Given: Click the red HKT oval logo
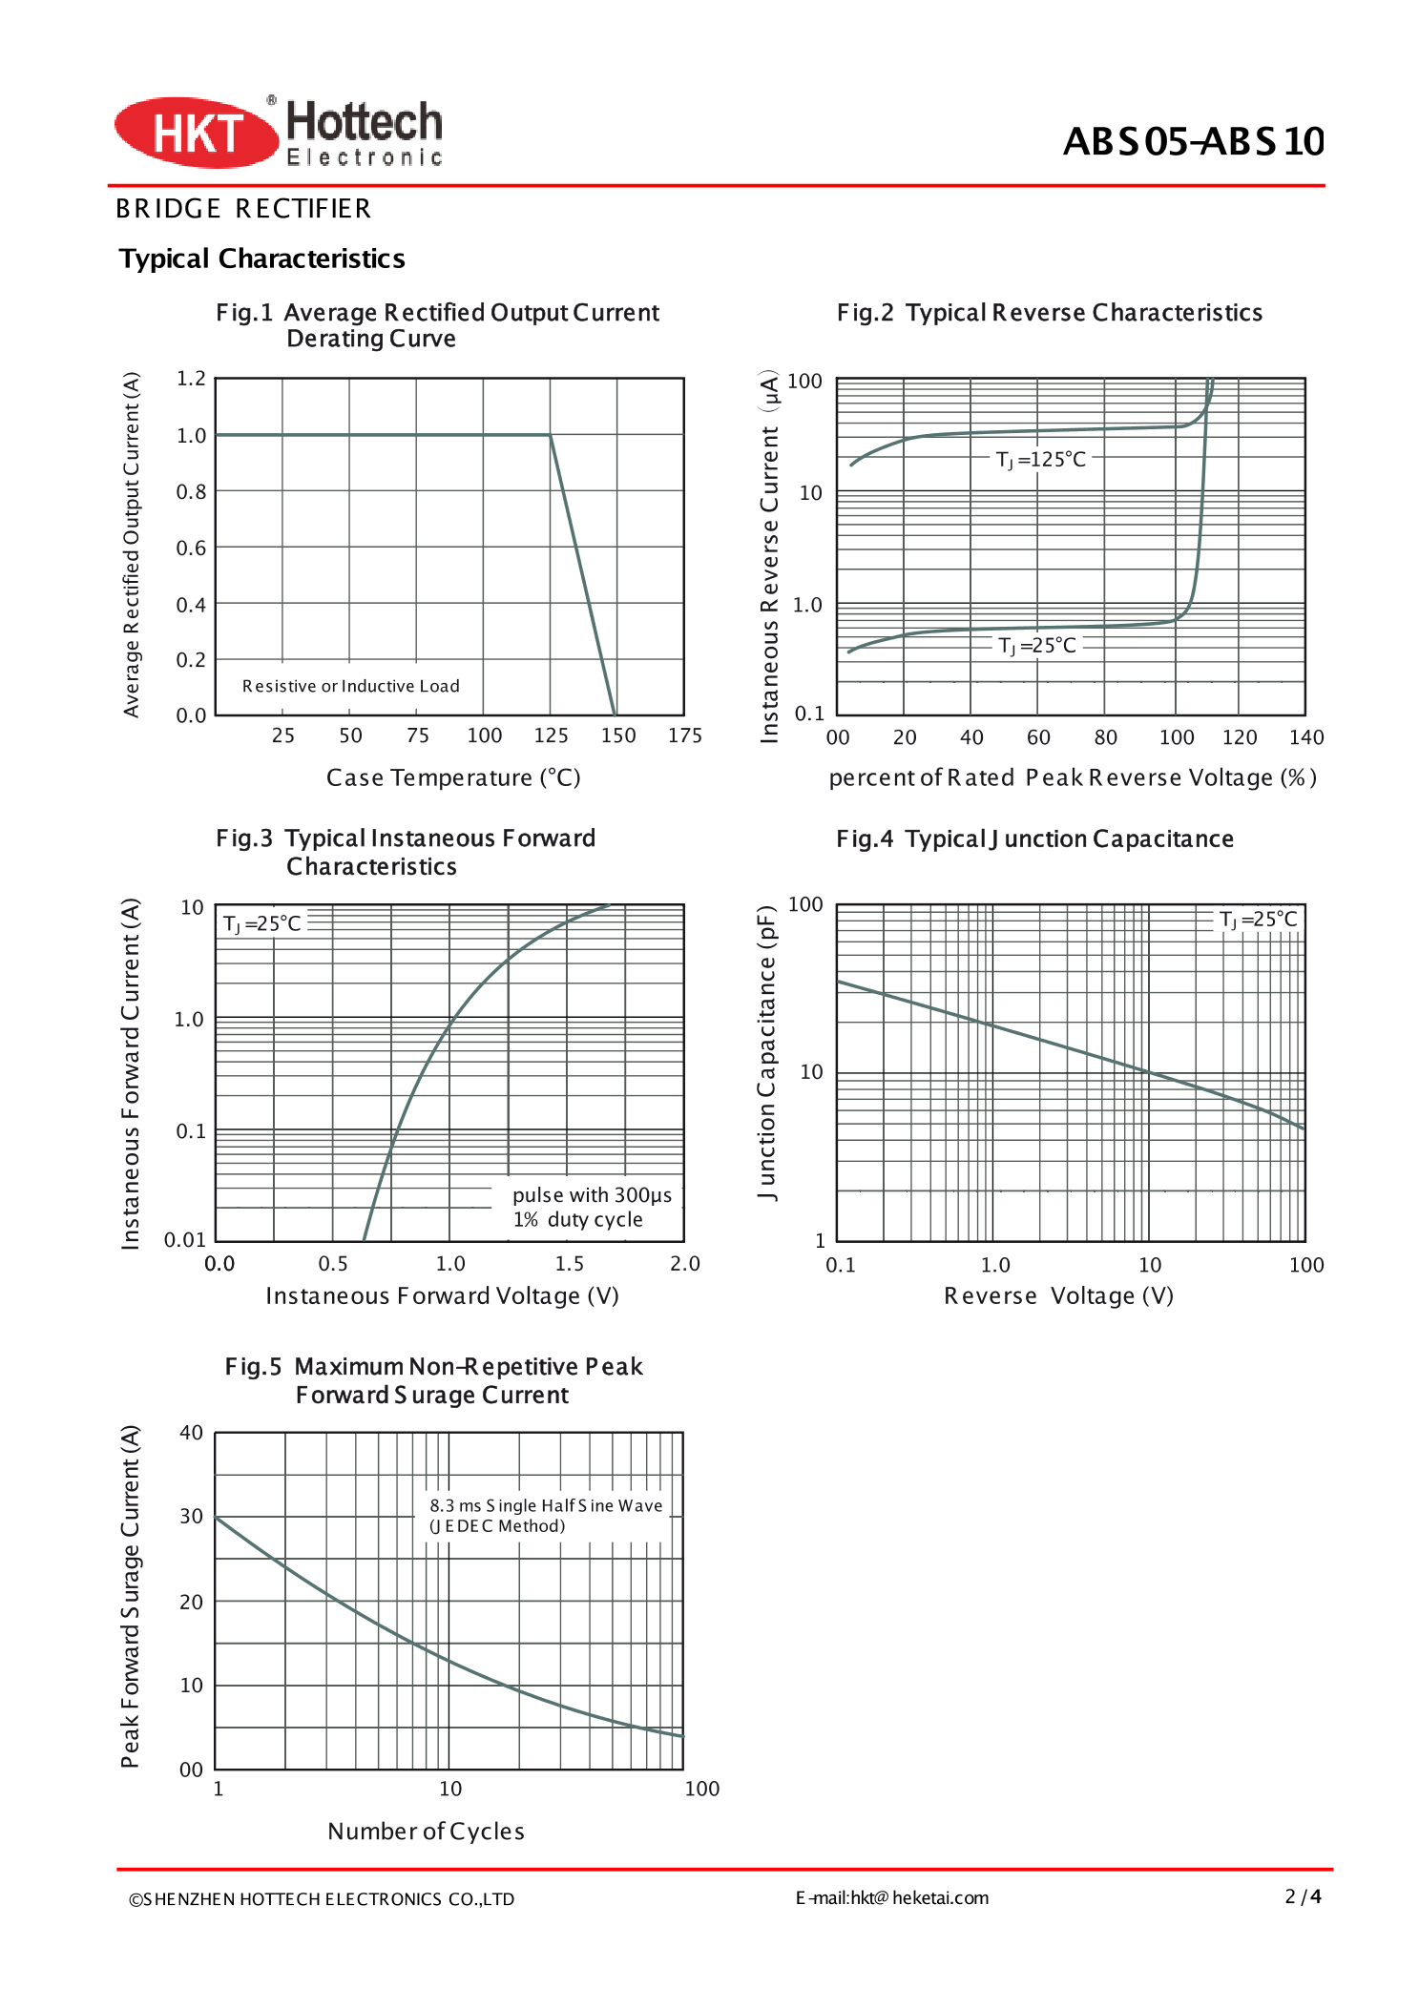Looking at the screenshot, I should tap(196, 133).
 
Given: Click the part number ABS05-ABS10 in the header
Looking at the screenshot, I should tap(1193, 141).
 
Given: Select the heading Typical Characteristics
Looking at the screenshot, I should tap(261, 259).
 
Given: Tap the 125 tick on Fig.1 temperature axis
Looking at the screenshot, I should tap(551, 735).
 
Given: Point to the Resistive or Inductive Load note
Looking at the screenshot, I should tap(350, 686).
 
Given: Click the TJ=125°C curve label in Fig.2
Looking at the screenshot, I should tap(1040, 460).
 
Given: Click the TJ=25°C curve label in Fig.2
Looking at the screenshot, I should tap(1036, 646).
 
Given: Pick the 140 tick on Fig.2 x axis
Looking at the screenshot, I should tap(1305, 737).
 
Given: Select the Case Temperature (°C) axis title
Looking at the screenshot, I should tap(453, 777).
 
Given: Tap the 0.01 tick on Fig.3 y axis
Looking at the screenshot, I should tap(185, 1239).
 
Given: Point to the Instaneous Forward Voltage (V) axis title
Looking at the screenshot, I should tap(442, 1295).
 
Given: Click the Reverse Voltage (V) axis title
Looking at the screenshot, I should tap(1058, 1295).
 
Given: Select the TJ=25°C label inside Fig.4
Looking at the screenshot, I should tap(1259, 920).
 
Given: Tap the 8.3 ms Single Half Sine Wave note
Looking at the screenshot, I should tap(545, 1515).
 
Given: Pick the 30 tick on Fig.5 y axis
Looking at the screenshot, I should tap(191, 1516).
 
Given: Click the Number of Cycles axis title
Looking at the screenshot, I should tap(426, 1831).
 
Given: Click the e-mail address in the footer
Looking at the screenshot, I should tap(892, 1897).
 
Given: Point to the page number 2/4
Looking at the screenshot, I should tap(1303, 1896).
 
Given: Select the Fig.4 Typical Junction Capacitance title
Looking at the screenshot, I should tap(1034, 838).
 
